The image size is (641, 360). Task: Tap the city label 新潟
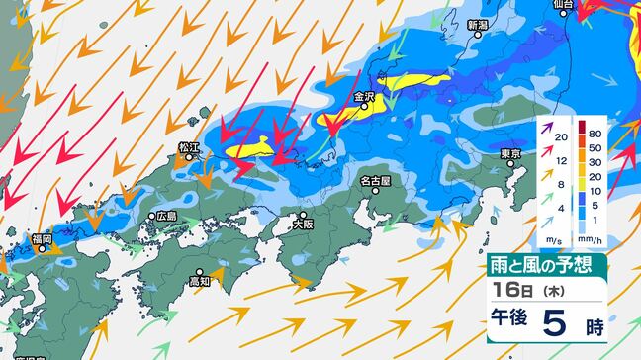[478, 25]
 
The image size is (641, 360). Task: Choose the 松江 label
[189, 148]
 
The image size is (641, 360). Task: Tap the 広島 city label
[165, 216]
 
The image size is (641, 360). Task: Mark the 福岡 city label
[42, 238]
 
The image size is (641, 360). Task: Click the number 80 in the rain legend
[595, 132]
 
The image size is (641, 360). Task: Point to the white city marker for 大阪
[304, 213]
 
